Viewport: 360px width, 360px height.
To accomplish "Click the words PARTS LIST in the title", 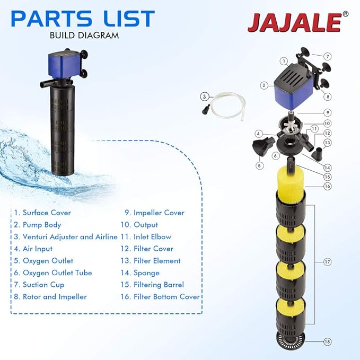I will coord(83,20).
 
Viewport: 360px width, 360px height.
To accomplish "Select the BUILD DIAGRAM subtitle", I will coord(84,36).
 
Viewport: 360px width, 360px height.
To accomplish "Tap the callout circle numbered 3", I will coord(204,96).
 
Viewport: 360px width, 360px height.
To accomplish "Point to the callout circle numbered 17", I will coord(328,261).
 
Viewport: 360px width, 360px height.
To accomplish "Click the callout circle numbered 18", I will coord(328,342).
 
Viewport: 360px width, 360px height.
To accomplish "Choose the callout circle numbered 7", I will coord(328,56).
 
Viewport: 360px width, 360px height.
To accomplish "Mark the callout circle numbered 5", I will coord(259,165).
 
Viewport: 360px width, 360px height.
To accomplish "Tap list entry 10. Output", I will coord(142,225).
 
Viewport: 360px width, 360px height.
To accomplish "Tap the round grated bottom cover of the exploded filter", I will coord(291,340).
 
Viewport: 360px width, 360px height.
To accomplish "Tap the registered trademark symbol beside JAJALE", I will coord(345,14).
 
